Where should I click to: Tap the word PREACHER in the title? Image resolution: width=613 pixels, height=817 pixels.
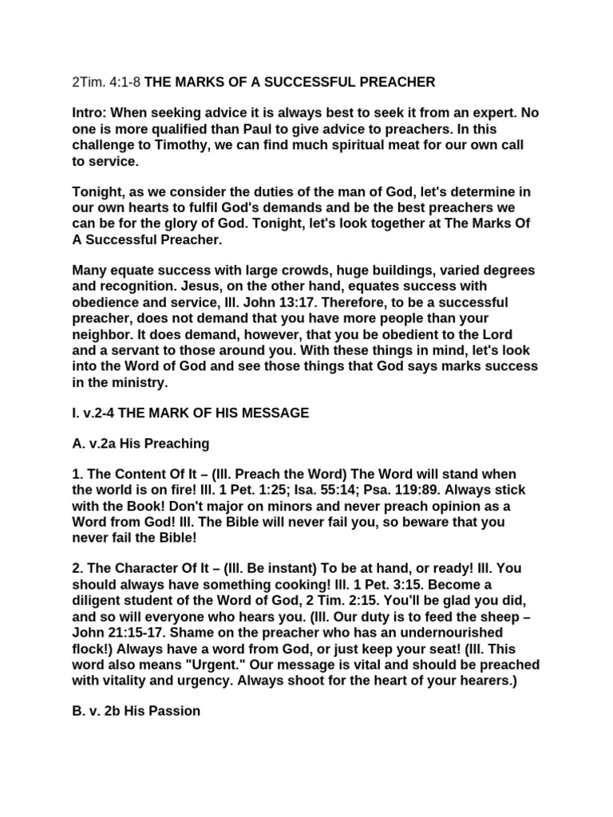pos(398,82)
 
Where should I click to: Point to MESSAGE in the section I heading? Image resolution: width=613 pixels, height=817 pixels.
pos(271,412)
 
